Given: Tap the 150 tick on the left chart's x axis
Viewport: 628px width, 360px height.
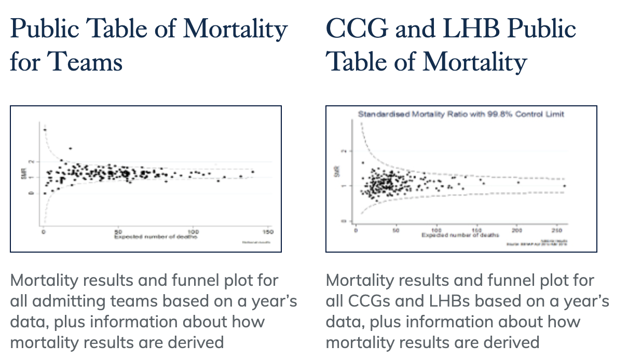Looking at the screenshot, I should (268, 232).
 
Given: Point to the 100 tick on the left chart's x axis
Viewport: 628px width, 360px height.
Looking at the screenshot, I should (193, 232).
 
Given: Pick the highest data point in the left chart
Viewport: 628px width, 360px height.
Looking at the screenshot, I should (45, 130).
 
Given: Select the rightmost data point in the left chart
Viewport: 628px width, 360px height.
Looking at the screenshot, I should (253, 172).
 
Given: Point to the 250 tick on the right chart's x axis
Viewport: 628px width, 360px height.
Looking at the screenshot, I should (557, 230).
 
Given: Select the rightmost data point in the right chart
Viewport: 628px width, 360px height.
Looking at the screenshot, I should (564, 186).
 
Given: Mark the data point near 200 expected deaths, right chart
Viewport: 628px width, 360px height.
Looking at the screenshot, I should (518, 182).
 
